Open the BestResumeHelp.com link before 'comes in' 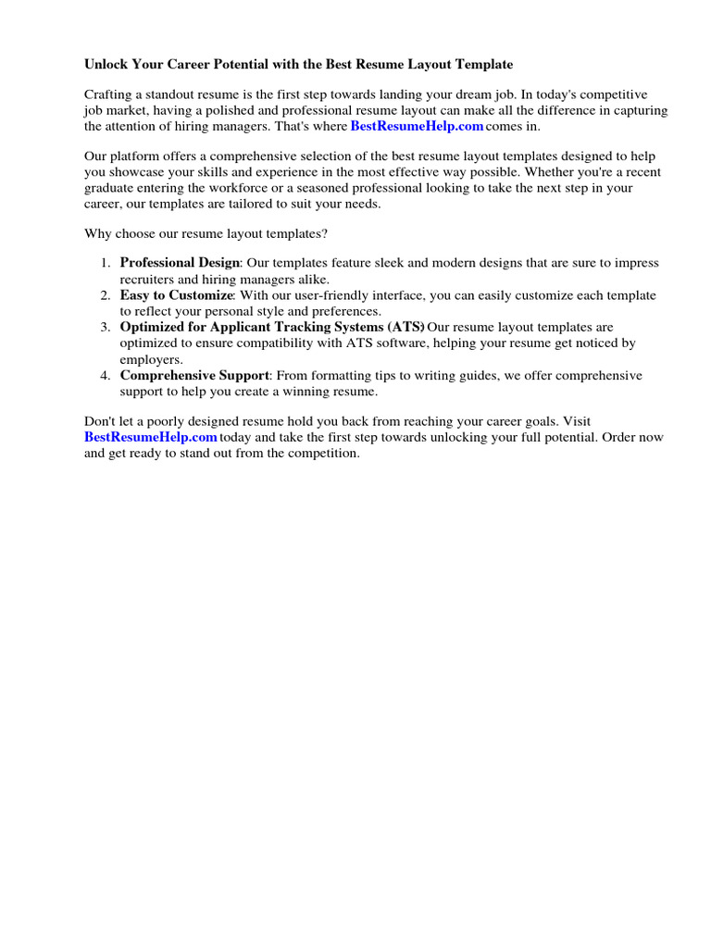(417, 126)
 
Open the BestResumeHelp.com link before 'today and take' (151, 437)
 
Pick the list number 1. (105, 263)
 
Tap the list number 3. (105, 327)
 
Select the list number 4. (105, 376)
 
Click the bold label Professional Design (180, 263)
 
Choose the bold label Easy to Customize (176, 295)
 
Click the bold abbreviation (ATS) (405, 327)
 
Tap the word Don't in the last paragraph (99, 421)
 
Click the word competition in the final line (322, 454)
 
